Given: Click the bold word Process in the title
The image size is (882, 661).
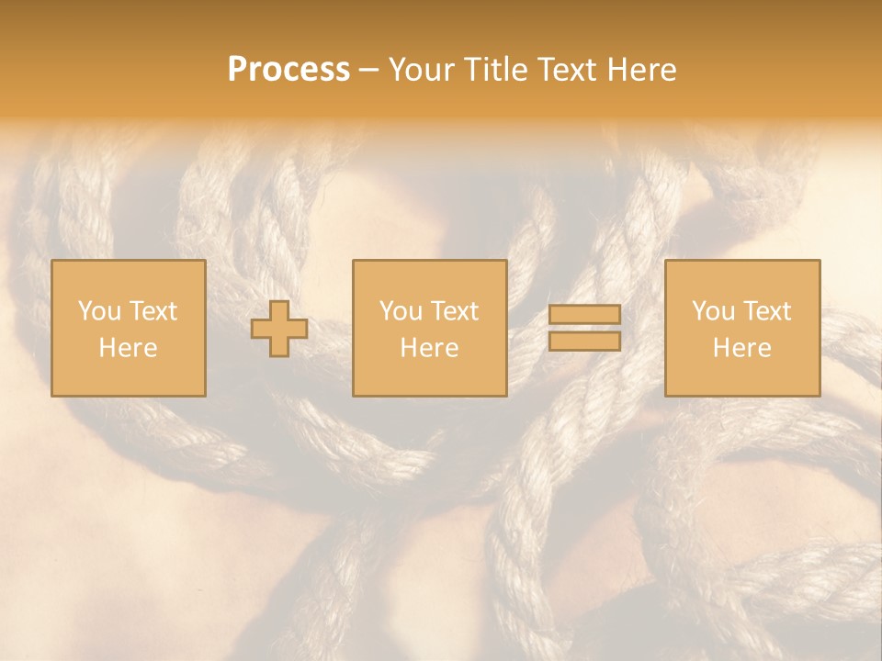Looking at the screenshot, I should click(288, 70).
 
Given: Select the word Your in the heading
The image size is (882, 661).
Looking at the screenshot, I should click(424, 70).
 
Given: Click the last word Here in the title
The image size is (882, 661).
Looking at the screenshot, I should click(642, 70).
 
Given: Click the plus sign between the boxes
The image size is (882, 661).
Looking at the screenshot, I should click(279, 329).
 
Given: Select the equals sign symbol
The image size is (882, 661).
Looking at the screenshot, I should click(584, 328).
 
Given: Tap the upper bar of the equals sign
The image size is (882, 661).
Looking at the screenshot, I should click(584, 315).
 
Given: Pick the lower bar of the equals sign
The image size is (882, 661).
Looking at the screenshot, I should click(584, 341).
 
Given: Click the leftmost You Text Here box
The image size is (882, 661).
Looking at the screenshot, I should click(129, 328).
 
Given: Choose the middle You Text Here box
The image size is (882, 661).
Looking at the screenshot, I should click(429, 328).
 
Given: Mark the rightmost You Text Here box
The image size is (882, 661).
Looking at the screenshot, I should click(741, 328).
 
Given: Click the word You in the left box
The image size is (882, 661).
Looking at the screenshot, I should click(99, 311).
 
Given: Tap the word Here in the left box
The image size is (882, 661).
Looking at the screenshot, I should click(129, 348).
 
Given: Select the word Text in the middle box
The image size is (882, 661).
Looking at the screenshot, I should click(454, 311).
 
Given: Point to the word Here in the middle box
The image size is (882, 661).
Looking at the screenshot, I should click(429, 348).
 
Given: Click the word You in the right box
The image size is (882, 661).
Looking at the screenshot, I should click(713, 311).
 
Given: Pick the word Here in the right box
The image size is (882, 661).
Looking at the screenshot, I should click(741, 348).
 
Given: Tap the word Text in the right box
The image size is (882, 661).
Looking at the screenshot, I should click(766, 311).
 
